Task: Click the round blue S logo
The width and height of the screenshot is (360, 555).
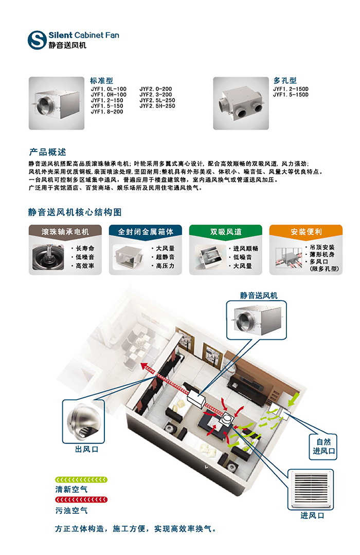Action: [37, 40]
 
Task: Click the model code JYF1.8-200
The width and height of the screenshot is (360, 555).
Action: [107, 112]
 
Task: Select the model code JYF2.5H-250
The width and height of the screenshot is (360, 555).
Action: [157, 106]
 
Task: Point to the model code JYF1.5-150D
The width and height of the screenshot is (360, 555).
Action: [291, 95]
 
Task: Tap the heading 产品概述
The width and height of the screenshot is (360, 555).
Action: [48, 152]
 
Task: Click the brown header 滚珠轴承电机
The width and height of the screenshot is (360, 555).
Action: [65, 232]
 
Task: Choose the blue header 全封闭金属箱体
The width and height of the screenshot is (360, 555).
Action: [146, 232]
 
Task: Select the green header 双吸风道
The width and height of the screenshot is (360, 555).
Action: [226, 232]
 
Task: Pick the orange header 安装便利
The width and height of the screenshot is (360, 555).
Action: [306, 232]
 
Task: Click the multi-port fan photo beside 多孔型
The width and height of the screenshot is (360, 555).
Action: [241, 103]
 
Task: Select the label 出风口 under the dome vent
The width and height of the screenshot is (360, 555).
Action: [86, 450]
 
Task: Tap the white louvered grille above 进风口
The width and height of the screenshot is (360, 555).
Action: [311, 490]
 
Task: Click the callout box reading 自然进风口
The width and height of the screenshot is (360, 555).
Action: [323, 447]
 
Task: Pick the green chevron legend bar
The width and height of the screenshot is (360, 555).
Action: [81, 479]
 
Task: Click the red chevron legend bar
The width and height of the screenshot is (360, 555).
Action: [81, 499]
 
